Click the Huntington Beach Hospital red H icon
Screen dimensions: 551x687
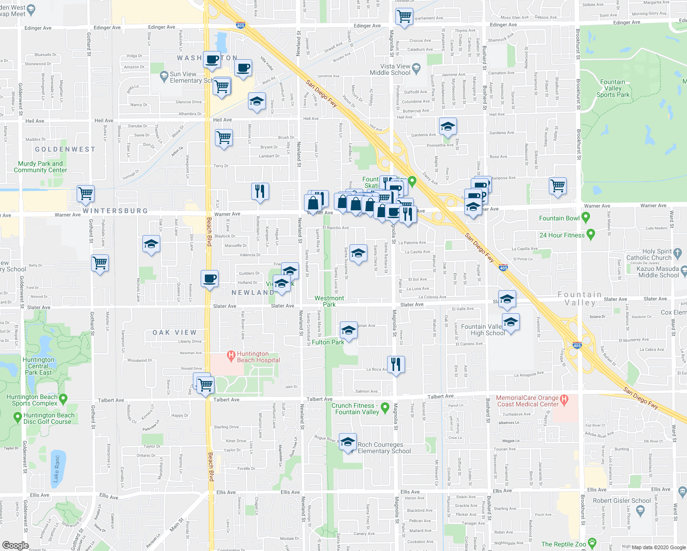tap(231, 355)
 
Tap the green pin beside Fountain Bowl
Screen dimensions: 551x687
tap(586, 217)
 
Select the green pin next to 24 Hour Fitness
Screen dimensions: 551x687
tap(591, 235)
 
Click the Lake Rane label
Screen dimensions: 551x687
tap(56, 468)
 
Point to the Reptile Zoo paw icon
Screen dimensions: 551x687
tap(592, 543)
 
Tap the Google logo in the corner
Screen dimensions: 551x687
tap(16, 545)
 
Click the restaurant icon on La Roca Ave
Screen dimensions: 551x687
tap(396, 365)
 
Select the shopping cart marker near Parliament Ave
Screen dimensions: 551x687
tap(404, 17)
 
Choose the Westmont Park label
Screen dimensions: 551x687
tap(329, 301)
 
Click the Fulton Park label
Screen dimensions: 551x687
tap(328, 342)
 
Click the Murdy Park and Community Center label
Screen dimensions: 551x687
tap(40, 167)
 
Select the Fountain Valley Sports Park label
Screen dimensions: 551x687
tap(613, 88)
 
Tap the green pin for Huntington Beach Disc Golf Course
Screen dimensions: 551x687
tap(17, 417)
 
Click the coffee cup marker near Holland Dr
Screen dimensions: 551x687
tap(210, 278)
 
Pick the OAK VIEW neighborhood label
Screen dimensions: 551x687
tap(175, 332)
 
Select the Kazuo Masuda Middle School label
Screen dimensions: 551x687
tap(658, 272)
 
